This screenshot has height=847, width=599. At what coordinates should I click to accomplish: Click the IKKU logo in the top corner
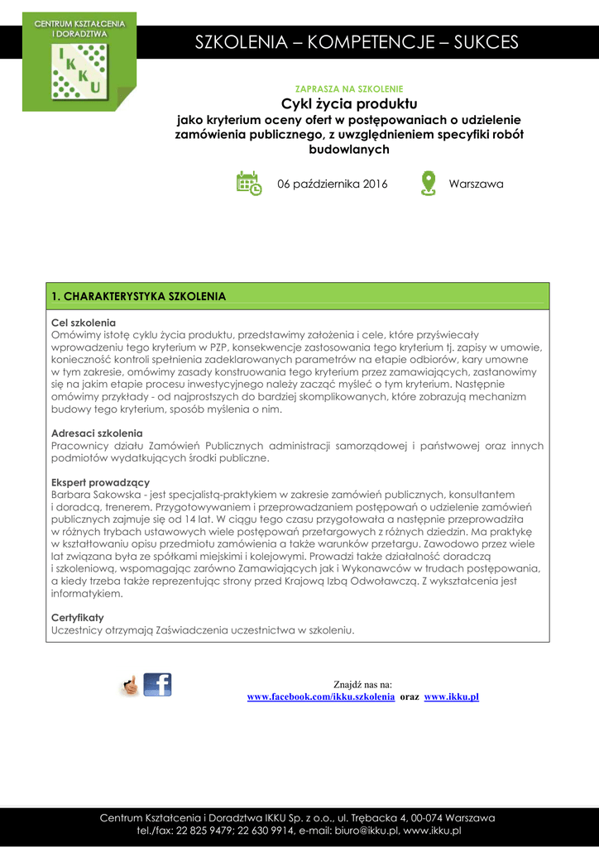79,63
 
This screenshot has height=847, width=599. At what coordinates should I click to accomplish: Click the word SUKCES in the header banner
486,42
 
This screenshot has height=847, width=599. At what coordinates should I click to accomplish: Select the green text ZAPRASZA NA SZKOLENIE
349,89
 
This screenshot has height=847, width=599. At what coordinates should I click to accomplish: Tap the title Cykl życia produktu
349,103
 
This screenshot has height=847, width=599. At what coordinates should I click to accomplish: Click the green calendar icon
248,184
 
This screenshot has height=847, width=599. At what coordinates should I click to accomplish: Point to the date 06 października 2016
332,184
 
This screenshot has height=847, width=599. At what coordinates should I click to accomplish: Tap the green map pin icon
428,183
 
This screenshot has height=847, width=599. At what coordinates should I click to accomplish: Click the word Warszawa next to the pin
476,184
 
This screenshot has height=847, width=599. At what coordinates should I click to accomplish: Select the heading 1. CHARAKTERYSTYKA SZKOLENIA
138,296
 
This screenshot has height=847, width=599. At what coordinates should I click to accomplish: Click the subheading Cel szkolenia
84,323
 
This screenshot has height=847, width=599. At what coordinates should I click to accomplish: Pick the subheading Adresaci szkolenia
97,433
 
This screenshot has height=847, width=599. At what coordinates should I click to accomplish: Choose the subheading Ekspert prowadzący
100,482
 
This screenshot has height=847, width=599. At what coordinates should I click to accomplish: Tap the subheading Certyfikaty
78,617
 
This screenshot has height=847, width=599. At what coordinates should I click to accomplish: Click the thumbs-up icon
130,685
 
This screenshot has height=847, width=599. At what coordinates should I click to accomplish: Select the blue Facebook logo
157,684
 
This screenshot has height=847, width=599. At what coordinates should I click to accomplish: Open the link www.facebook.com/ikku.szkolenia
321,697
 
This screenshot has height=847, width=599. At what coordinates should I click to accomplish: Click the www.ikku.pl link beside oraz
452,697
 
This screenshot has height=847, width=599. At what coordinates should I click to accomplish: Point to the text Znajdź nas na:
362,685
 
